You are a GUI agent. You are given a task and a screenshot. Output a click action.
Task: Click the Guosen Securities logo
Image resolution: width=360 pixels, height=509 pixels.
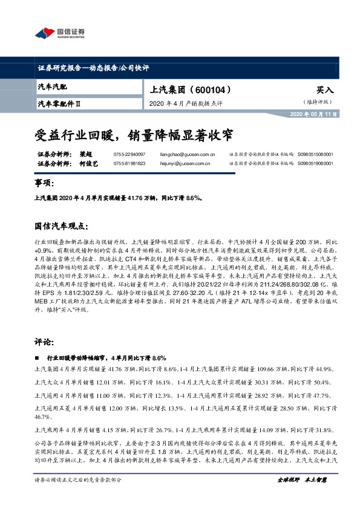(x=60, y=33)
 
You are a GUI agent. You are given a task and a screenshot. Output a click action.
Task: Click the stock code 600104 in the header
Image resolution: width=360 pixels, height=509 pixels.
(x=209, y=89)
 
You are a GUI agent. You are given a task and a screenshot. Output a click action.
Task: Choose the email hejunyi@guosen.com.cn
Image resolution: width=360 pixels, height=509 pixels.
(x=181, y=163)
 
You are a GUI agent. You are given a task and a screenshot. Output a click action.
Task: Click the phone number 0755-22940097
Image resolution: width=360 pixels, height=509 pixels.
(x=129, y=155)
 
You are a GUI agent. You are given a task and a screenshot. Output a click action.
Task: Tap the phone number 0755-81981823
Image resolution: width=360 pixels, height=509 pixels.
(x=129, y=163)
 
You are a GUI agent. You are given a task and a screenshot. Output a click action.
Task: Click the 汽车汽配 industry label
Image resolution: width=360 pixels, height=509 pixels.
(x=53, y=88)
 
